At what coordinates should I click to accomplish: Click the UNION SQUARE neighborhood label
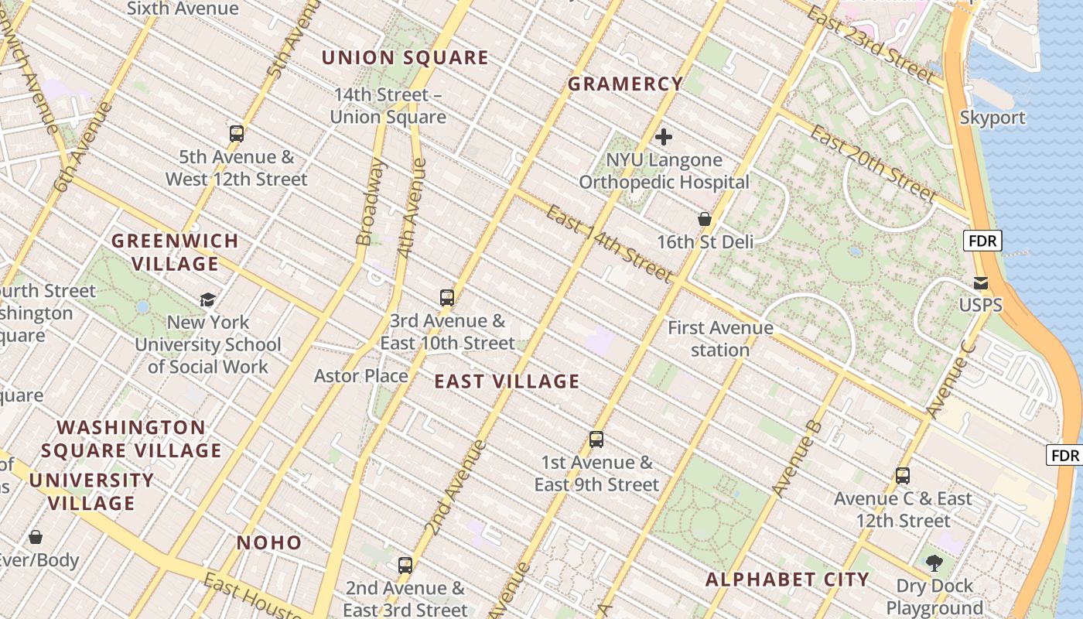click(x=405, y=58)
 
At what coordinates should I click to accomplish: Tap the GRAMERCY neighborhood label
click(x=625, y=84)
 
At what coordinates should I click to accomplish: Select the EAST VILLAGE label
click(x=507, y=381)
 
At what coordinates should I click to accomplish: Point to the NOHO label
click(x=269, y=542)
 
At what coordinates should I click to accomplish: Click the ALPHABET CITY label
click(x=787, y=580)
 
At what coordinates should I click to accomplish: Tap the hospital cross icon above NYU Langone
click(x=663, y=137)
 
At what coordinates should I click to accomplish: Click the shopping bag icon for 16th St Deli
click(x=704, y=219)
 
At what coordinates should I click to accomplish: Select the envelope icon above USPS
click(x=981, y=282)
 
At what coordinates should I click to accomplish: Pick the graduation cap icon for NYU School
click(x=207, y=299)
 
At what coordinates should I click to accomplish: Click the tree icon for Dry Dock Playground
click(x=934, y=563)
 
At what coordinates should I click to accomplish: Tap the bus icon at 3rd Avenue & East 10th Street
click(x=446, y=297)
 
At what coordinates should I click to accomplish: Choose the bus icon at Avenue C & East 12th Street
click(x=902, y=476)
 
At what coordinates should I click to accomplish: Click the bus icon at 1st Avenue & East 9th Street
click(x=596, y=439)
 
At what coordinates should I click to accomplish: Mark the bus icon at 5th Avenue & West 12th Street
click(x=237, y=133)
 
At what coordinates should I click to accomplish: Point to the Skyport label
click(x=992, y=118)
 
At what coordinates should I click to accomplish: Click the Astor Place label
click(x=360, y=376)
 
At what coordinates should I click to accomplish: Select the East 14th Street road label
click(x=609, y=244)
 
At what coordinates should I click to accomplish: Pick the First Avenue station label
click(x=720, y=339)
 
